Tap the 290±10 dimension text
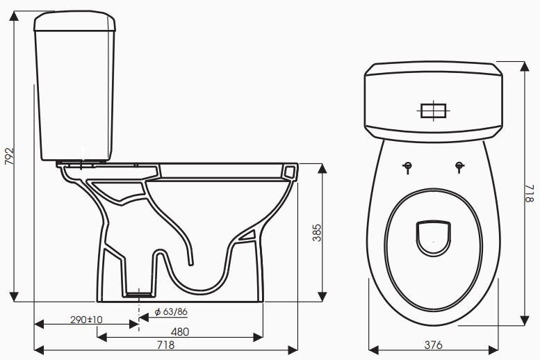(87, 320)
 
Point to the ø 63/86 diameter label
(171, 311)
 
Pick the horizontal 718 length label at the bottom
(165, 344)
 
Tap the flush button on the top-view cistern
(434, 111)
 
